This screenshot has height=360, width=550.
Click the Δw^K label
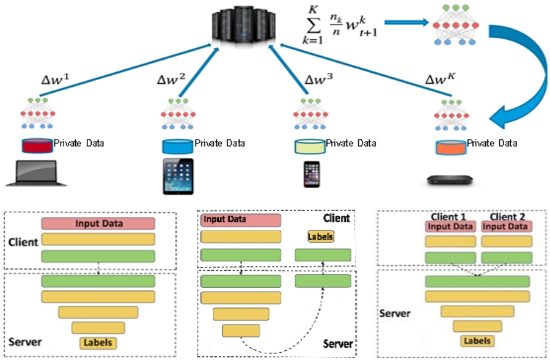click(439, 81)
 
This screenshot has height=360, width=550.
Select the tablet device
click(178, 176)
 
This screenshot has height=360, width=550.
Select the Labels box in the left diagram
click(98, 343)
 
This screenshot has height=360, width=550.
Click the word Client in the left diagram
click(24, 242)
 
